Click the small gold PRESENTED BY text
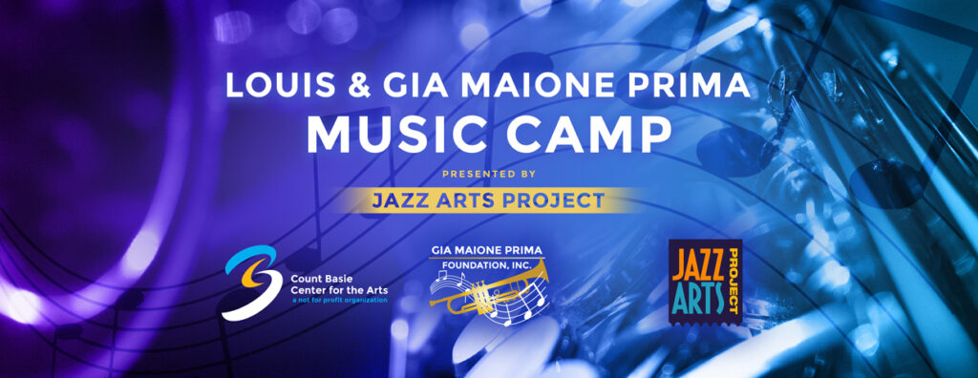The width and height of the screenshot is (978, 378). point(489,174)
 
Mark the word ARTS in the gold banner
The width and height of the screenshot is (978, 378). point(475,200)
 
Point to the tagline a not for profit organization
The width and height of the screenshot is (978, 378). point(340,301)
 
